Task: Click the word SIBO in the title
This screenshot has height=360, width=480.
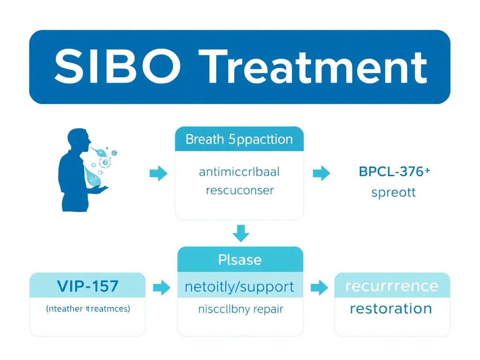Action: [117, 67]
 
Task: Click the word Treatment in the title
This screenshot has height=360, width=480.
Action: [315, 67]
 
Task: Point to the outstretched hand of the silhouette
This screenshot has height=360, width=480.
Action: [99, 189]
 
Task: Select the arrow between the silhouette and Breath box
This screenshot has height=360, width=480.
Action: [158, 173]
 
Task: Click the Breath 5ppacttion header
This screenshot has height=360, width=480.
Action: [239, 139]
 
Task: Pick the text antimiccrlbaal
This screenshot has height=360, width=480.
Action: [239, 172]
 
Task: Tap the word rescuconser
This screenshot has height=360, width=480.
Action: [239, 190]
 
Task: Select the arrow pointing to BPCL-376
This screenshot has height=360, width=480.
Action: [321, 173]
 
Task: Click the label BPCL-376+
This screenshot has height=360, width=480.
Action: [394, 172]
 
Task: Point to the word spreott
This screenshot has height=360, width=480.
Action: [393, 193]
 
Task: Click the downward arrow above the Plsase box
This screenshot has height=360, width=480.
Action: [241, 233]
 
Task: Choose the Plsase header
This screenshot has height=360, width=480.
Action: [240, 260]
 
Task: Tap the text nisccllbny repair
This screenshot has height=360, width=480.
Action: [240, 309]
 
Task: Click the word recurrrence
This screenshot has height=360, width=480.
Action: [391, 286]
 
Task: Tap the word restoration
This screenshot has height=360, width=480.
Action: [391, 308]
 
